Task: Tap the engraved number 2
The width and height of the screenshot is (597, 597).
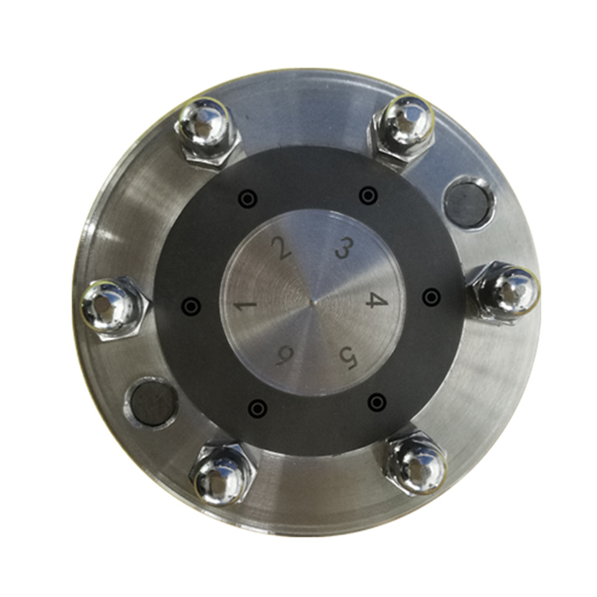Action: click(281, 248)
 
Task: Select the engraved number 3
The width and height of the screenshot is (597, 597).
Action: click(344, 247)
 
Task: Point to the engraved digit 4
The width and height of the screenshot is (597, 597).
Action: click(377, 300)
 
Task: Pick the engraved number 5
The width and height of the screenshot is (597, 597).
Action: click(348, 359)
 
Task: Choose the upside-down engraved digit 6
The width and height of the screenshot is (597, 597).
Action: click(284, 357)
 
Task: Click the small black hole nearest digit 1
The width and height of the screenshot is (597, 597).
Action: click(192, 306)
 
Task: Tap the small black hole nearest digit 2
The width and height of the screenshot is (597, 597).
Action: click(248, 199)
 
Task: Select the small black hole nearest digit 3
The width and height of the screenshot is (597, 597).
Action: click(368, 196)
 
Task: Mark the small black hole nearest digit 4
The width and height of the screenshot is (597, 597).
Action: click(431, 296)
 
